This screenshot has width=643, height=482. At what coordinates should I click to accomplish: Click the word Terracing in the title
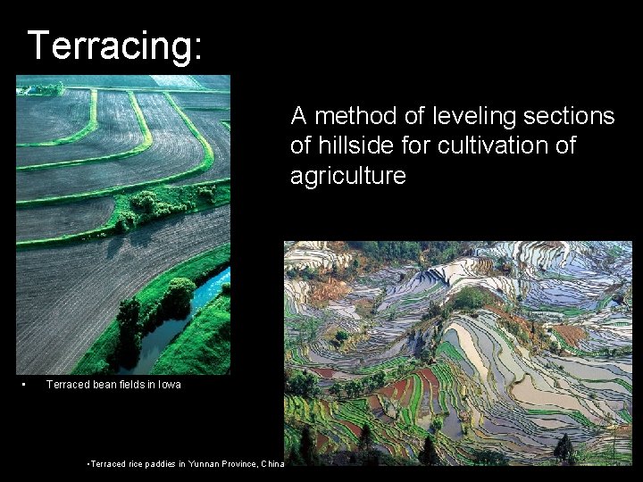(108, 46)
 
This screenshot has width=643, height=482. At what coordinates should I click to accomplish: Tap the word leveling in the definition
(468, 116)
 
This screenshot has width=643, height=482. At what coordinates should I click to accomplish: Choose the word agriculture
(348, 176)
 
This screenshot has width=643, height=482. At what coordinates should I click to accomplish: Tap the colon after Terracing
(195, 47)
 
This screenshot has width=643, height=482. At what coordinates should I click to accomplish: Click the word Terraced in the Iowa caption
(67, 385)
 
